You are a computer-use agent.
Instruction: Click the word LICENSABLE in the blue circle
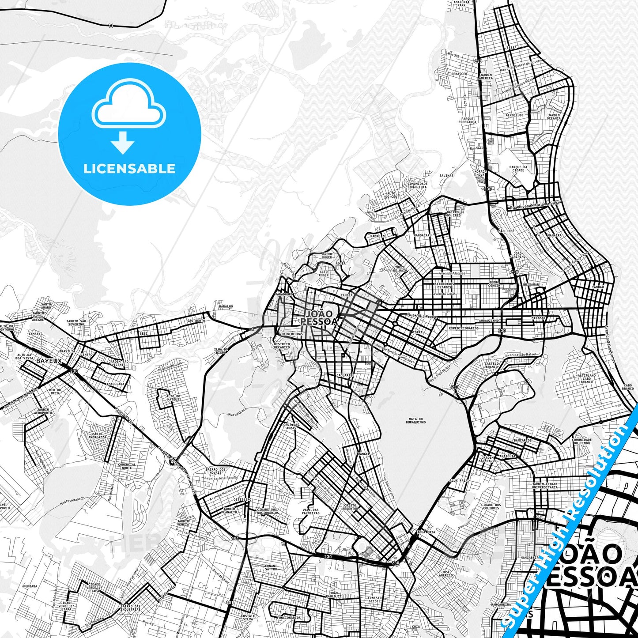(x=129, y=169)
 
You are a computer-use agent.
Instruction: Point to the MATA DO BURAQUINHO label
(x=415, y=420)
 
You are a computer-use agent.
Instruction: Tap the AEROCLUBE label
(x=514, y=115)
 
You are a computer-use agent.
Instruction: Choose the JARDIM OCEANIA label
(x=554, y=117)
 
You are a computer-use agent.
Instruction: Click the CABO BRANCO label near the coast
(x=627, y=387)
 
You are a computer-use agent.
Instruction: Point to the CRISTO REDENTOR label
(x=351, y=507)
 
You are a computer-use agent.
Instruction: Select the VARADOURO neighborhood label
(x=283, y=294)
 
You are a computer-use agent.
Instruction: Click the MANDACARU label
(x=423, y=235)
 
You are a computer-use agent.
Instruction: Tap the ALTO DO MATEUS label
(x=173, y=398)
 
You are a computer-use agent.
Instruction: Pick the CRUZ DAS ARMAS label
(x=291, y=426)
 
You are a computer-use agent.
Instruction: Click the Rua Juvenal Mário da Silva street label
(x=534, y=204)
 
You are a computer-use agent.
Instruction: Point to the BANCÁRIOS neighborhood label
(x=523, y=440)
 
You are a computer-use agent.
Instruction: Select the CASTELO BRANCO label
(x=492, y=365)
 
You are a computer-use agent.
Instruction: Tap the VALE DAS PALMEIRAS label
(x=311, y=512)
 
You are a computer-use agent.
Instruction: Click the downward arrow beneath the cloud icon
(x=123, y=142)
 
